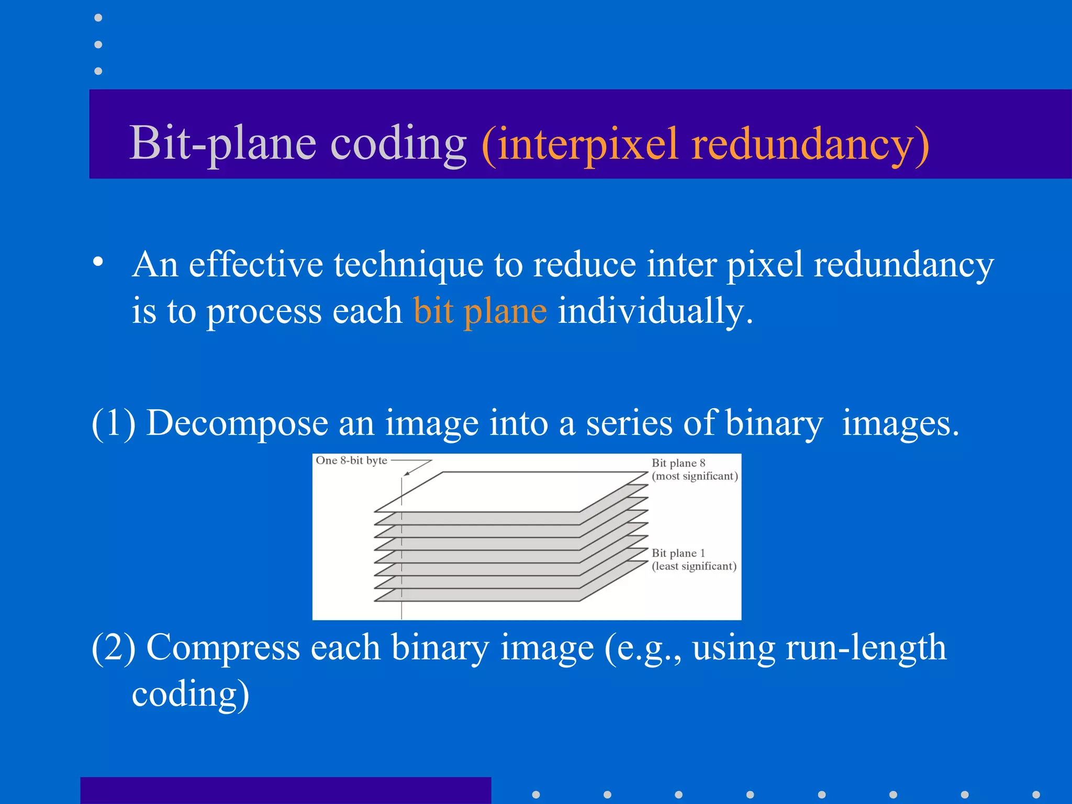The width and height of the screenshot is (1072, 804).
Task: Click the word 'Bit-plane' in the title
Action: [x=222, y=143]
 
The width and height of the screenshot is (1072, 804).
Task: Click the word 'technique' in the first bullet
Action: [x=408, y=264]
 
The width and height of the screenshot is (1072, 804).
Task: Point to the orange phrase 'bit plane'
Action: [x=480, y=311]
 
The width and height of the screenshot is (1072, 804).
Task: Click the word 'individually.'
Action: [x=655, y=311]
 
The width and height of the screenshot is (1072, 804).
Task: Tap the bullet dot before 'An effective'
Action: [x=98, y=262]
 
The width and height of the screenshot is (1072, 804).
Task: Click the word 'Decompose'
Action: [x=237, y=423]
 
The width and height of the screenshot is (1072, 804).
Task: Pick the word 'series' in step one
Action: [x=629, y=423]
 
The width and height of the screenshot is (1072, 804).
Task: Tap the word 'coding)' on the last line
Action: [x=191, y=694]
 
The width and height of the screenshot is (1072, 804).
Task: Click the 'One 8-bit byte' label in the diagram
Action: [x=351, y=461]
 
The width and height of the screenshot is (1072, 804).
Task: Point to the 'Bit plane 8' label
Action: [x=678, y=463]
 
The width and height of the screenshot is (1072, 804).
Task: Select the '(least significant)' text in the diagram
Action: [x=694, y=566]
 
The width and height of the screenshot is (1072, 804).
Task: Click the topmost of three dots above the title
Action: [x=98, y=18]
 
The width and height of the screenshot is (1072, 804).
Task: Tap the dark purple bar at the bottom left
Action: [x=285, y=790]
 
